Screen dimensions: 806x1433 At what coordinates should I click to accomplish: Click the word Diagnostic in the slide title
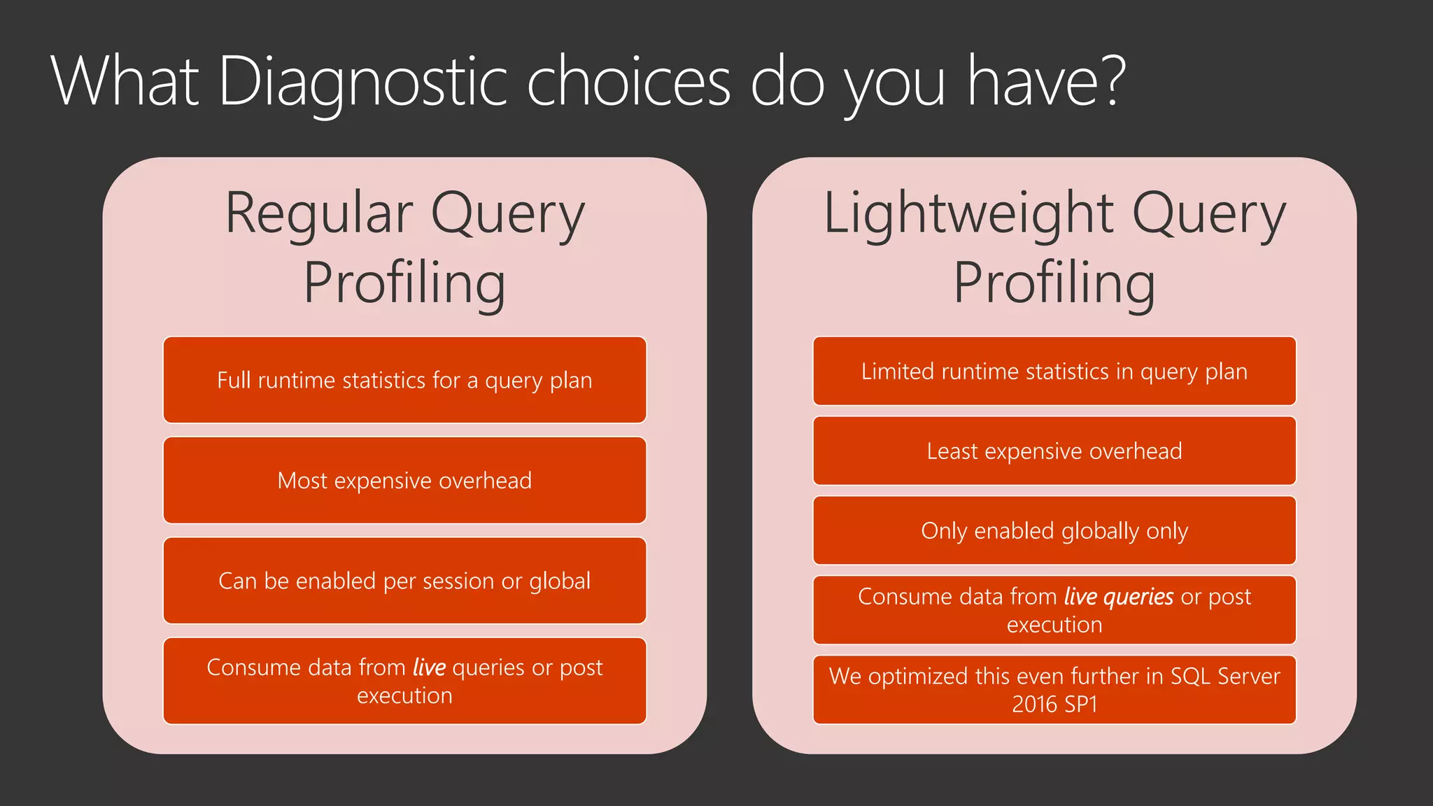click(362, 83)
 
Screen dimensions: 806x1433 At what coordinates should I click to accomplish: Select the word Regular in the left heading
click(319, 213)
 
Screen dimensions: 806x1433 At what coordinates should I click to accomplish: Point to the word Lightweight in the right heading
click(968, 213)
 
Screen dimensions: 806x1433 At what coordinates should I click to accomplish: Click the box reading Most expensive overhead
click(404, 481)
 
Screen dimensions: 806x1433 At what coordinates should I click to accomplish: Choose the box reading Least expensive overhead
click(1054, 451)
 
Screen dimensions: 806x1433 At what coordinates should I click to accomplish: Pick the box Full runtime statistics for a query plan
click(404, 380)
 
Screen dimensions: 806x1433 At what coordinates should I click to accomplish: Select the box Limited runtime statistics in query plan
click(1054, 372)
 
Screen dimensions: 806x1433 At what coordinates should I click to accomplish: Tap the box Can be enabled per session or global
click(404, 581)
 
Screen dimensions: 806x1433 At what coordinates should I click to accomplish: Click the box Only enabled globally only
click(1054, 531)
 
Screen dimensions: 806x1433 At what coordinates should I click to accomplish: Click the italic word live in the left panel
click(429, 667)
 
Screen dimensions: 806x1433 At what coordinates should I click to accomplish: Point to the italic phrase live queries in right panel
click(1118, 597)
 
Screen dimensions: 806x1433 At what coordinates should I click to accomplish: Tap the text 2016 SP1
click(1054, 705)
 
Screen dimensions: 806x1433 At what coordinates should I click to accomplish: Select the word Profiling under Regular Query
click(404, 283)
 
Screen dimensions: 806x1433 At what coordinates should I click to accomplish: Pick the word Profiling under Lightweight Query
click(1054, 283)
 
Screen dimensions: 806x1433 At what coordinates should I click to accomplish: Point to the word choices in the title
click(628, 83)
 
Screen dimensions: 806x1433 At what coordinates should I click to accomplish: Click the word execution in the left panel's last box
click(404, 696)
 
